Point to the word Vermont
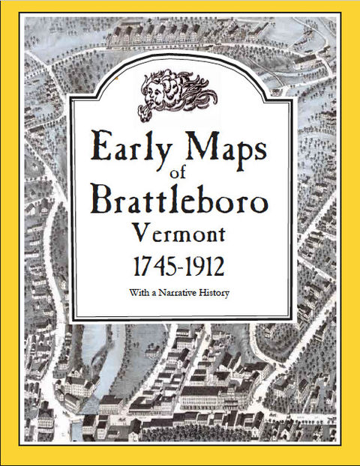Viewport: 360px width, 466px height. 181,232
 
